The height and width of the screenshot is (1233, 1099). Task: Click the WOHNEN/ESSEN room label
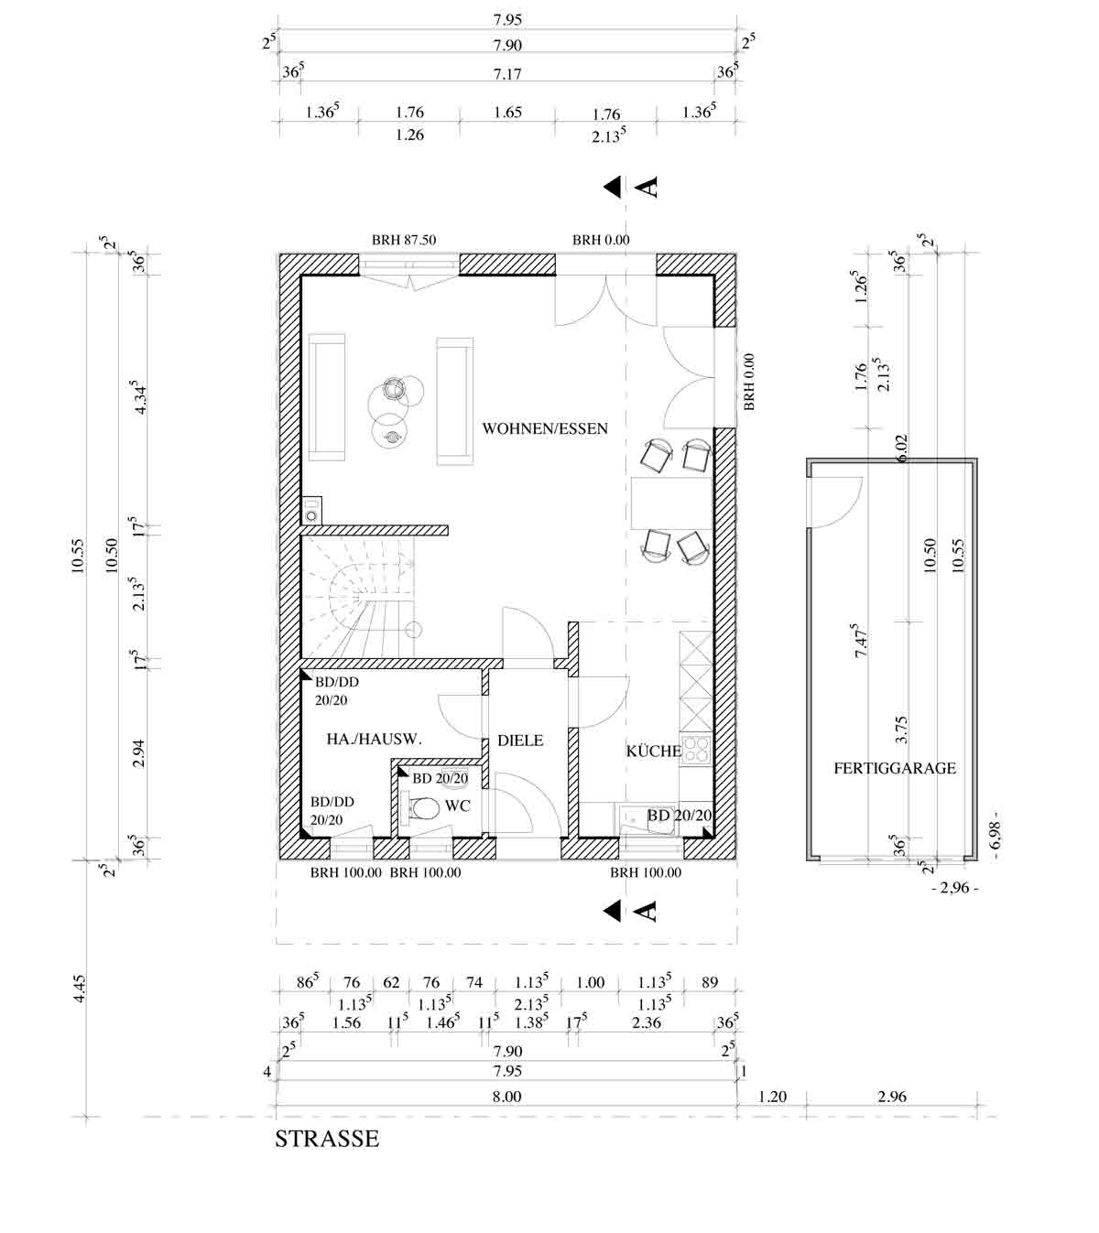(x=545, y=429)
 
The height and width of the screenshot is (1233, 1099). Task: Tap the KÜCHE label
(x=654, y=751)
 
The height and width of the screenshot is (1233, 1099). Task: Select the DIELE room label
(x=520, y=740)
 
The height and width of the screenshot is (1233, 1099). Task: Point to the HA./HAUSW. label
(x=374, y=739)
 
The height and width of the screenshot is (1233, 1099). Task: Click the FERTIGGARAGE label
(x=895, y=768)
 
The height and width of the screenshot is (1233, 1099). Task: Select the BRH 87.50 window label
(x=404, y=240)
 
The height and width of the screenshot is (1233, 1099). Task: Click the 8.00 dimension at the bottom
(x=506, y=1097)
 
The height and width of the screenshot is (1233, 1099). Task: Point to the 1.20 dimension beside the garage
(x=772, y=1097)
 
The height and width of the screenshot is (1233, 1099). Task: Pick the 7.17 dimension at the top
(x=507, y=74)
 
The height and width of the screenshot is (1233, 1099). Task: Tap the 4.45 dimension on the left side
(x=79, y=989)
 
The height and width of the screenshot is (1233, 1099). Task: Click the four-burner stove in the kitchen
(x=696, y=751)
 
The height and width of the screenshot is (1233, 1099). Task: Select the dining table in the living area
(x=671, y=503)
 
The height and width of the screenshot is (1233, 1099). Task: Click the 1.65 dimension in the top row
(x=507, y=113)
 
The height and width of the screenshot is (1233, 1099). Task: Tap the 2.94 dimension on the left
(x=139, y=752)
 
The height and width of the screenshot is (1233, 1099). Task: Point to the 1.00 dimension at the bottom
(x=590, y=983)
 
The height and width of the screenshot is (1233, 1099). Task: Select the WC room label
(x=457, y=806)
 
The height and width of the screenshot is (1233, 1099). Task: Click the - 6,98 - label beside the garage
(x=996, y=835)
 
